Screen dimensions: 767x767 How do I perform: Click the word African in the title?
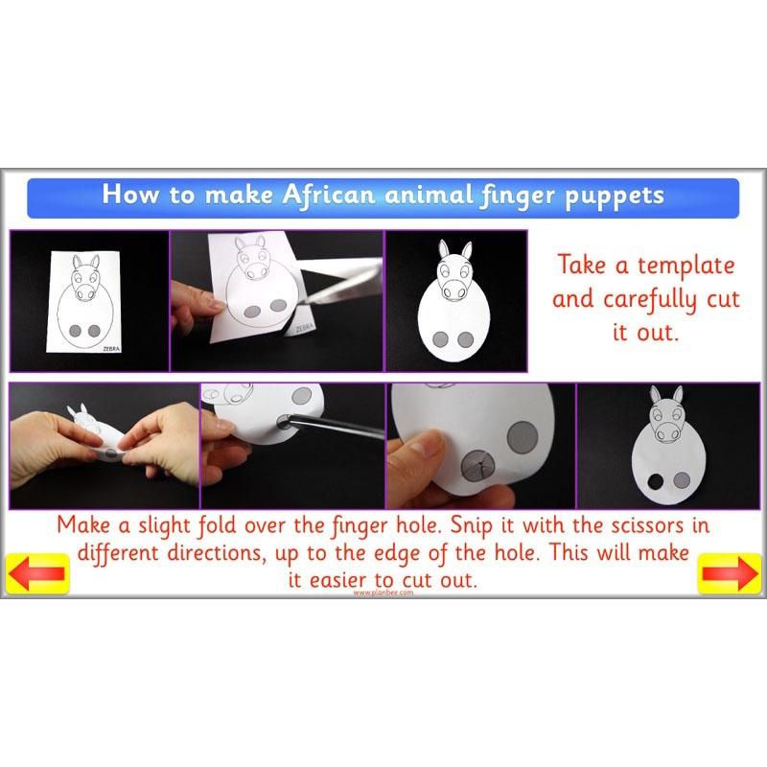coord(327,196)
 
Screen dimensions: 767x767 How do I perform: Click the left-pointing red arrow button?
coord(36,573)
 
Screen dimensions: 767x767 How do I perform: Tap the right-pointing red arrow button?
coord(729,573)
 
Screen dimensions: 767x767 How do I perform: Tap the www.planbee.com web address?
coord(383,593)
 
